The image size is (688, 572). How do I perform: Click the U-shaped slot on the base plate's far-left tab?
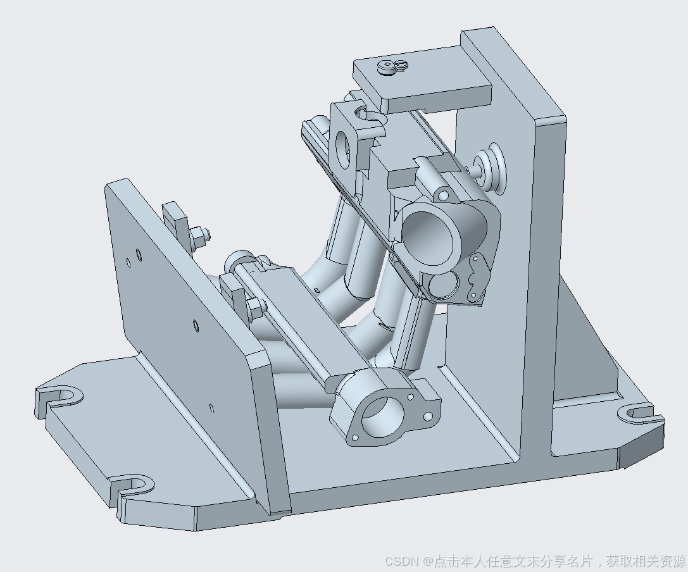[x=61, y=396]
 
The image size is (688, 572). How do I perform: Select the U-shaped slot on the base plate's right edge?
[x=636, y=413]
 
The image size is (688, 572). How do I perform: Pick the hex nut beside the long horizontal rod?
[x=255, y=307]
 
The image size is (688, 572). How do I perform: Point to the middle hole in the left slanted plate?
[x=196, y=325]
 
